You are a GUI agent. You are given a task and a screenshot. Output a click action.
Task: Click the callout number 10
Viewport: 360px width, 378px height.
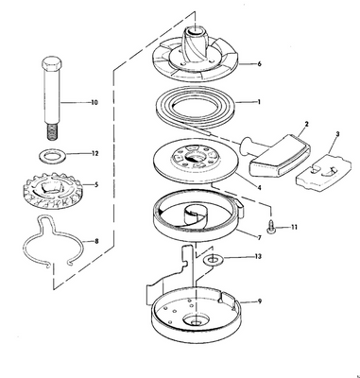(x=94, y=100)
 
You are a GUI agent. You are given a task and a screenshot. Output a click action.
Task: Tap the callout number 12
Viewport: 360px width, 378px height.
(x=94, y=154)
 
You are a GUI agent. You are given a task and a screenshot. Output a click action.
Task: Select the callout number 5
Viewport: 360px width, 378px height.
(x=94, y=184)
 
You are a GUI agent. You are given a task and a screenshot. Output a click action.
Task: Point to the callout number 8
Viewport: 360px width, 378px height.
(x=94, y=241)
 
